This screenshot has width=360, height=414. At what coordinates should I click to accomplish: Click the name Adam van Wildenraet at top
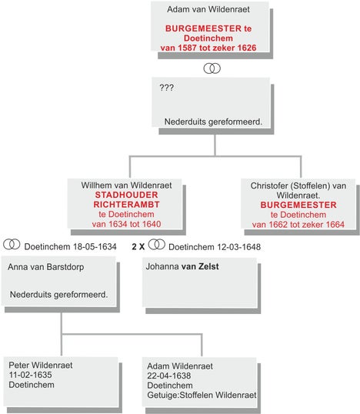(x=208, y=9)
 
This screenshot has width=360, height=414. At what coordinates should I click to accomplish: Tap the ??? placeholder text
(x=167, y=88)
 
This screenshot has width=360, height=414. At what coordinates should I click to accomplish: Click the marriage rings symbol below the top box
(x=212, y=68)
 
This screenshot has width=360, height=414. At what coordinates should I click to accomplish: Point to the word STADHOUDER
(x=126, y=195)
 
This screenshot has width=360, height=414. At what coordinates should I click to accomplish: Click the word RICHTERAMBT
(x=126, y=205)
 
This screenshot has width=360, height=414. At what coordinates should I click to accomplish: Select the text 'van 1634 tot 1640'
(x=126, y=224)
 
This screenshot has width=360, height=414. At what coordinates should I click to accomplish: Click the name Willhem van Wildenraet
(x=126, y=185)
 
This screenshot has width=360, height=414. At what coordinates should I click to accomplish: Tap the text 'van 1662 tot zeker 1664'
(x=298, y=225)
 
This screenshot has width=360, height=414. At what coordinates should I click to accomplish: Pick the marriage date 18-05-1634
(x=95, y=247)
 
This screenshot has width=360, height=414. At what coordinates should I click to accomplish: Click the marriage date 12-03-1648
(x=239, y=247)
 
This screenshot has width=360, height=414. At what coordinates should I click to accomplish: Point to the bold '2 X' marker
(x=138, y=247)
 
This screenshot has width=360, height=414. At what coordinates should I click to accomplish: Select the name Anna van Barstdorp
(x=46, y=267)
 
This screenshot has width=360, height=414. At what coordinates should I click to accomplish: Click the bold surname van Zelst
(x=200, y=266)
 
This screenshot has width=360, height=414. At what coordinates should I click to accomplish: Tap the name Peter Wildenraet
(x=41, y=366)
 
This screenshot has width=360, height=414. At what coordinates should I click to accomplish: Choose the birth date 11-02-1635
(x=30, y=375)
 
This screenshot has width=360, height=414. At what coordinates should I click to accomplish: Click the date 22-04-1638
(x=169, y=376)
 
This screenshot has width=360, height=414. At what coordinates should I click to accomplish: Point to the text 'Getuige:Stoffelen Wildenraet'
(x=202, y=396)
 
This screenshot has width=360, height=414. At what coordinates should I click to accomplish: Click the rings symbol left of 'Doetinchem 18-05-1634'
(x=12, y=244)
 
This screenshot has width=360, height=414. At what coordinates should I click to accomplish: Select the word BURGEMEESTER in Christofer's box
(x=298, y=205)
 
